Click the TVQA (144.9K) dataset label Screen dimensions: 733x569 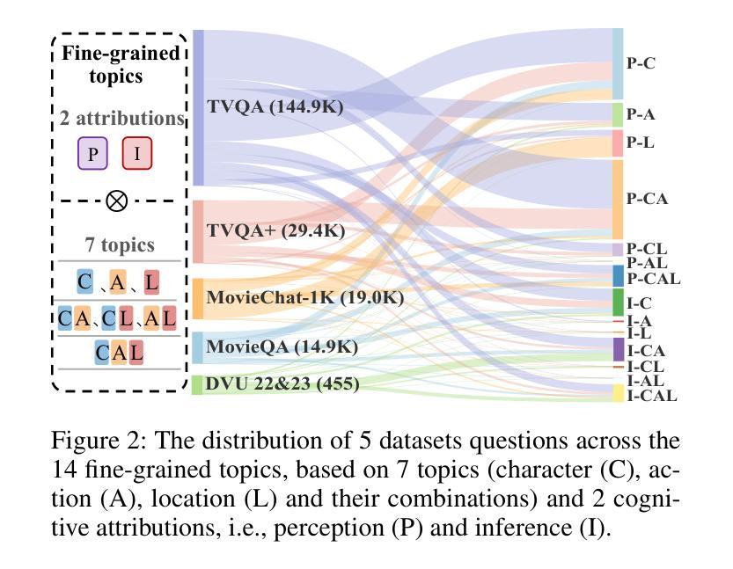coord(275,106)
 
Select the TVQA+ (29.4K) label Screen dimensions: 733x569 coord(275,230)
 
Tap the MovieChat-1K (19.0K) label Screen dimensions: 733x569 coord(304,297)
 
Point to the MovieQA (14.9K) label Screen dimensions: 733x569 coord(282,347)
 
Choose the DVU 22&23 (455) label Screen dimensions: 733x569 coord(282,383)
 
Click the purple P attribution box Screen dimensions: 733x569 coord(92,153)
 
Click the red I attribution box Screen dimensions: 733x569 coord(137,153)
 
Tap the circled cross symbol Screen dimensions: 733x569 coord(116,201)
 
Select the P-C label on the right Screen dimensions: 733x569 coord(641,63)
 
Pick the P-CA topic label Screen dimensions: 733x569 coord(647,199)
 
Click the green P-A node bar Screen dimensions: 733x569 coord(618,114)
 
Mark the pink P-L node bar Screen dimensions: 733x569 coord(618,143)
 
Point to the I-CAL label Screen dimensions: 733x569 coord(652,396)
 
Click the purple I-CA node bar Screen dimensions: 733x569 coord(618,349)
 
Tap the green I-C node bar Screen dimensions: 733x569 coord(618,303)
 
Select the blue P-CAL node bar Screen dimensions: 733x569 coord(618,275)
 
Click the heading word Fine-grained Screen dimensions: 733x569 coord(121,54)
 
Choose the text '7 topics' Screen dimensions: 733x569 coord(120,244)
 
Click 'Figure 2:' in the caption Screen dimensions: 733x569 coord(99,441)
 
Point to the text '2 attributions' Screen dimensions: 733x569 coord(122,118)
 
